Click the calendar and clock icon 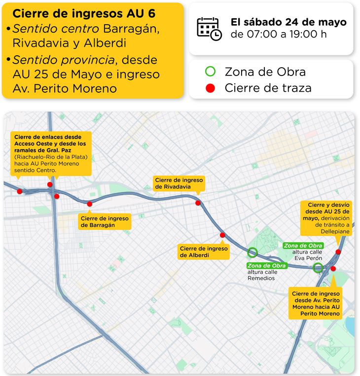point(209,28)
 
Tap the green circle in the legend point(211,72)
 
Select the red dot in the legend point(211,88)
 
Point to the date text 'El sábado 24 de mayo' point(288,22)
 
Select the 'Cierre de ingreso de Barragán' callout point(105,222)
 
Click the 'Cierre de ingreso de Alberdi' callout point(204,252)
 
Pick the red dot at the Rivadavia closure point(198,203)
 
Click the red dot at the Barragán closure point(89,203)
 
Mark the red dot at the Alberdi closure point(222,235)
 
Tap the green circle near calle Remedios point(252,253)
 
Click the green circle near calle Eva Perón point(318,268)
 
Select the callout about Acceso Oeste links point(51,153)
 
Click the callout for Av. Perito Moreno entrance point(316,303)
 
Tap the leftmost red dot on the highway point(19,191)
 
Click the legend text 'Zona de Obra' point(265,72)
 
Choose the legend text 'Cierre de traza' point(268,88)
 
